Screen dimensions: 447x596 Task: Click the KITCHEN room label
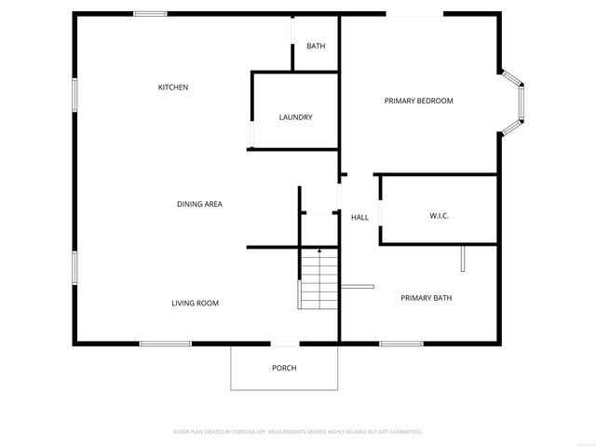pos(173,88)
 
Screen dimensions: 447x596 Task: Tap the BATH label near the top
pos(316,47)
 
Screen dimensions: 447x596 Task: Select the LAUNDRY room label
pos(295,117)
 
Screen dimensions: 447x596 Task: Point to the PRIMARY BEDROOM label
pos(419,101)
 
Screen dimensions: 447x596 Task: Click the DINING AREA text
pos(199,204)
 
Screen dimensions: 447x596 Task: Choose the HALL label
pos(359,218)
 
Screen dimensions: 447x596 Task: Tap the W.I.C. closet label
pos(440,216)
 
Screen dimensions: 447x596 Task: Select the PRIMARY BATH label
pos(425,298)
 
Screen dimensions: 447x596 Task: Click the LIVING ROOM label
pos(195,304)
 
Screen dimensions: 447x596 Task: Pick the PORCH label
pos(284,368)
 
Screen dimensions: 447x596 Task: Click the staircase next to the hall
pos(318,280)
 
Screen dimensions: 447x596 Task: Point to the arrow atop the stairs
pos(319,251)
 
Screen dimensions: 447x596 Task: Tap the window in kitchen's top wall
pos(150,13)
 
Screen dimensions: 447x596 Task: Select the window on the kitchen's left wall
pos(74,96)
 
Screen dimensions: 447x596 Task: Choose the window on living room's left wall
pos(74,264)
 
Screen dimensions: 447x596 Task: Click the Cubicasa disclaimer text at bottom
pos(298,432)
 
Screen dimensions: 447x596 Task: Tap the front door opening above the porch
pos(285,344)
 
